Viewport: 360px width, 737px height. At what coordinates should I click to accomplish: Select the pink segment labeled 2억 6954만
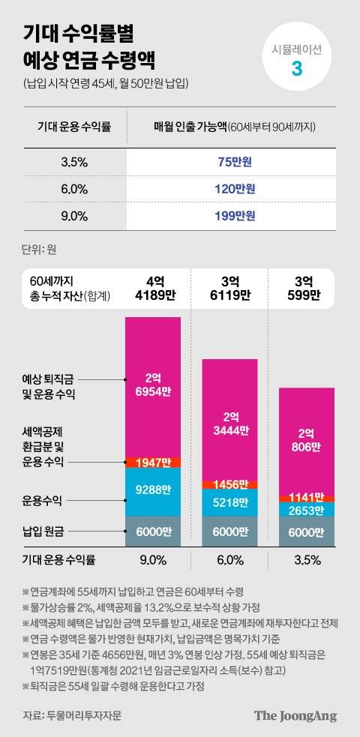(x=153, y=386)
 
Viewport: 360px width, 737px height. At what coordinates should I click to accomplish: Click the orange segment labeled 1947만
(x=153, y=462)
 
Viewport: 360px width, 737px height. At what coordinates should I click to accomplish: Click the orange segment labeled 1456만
(x=230, y=485)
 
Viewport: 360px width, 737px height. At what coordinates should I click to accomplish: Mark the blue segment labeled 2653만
(x=307, y=510)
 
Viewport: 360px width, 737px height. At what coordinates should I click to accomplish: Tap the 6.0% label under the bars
(x=230, y=559)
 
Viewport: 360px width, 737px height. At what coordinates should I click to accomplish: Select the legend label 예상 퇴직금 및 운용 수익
(x=54, y=386)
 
